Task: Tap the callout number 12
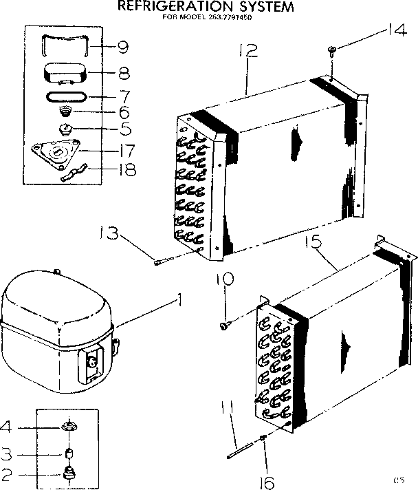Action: pyautogui.click(x=248, y=52)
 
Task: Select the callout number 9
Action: pyautogui.click(x=123, y=47)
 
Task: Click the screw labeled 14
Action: pyautogui.click(x=332, y=49)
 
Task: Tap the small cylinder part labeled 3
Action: pyautogui.click(x=69, y=453)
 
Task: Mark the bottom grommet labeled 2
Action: pyautogui.click(x=69, y=472)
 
